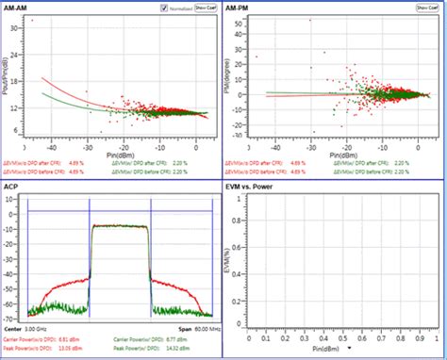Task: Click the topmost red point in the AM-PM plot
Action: (308, 20)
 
